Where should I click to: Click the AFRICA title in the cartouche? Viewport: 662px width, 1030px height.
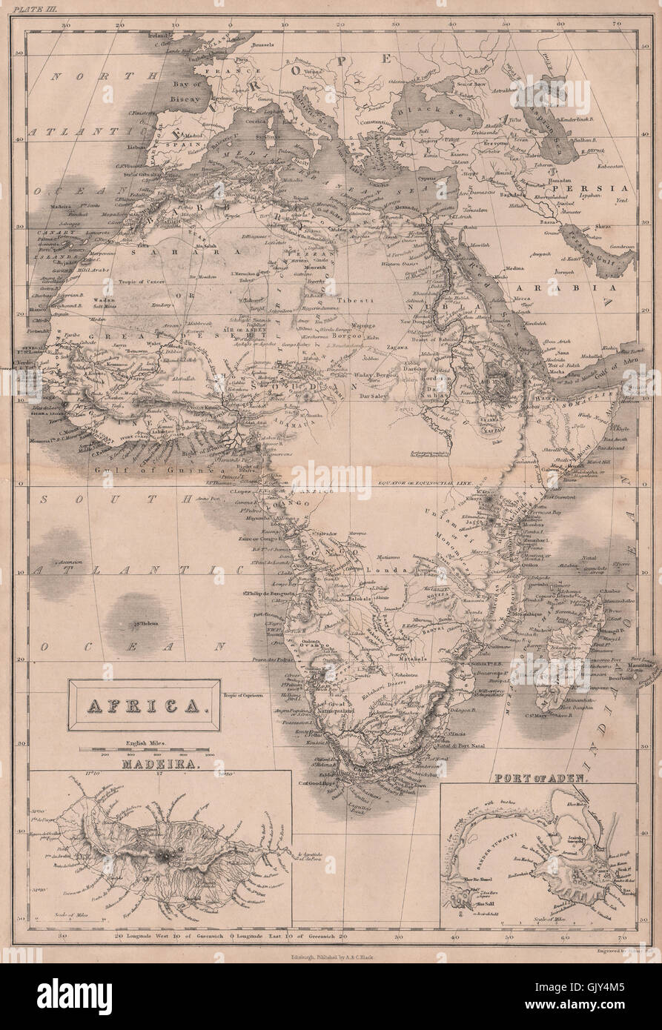coord(144,706)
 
